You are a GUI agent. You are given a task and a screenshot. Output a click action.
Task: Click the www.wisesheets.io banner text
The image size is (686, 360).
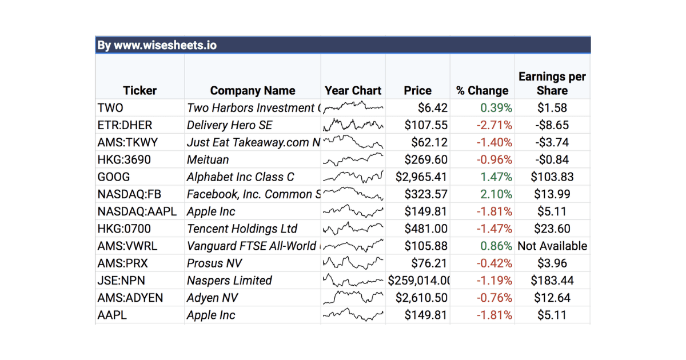tap(157, 45)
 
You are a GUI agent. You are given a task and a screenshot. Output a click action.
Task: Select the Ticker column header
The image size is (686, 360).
tap(139, 90)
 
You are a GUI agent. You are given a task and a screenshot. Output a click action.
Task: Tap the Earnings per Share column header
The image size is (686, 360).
tap(552, 83)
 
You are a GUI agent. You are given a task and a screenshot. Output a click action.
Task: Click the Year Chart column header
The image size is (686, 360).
tap(353, 90)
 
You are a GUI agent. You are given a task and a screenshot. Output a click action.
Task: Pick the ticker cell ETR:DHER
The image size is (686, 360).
tap(125, 125)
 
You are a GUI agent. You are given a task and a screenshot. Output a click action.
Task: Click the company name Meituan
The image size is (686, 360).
tap(208, 159)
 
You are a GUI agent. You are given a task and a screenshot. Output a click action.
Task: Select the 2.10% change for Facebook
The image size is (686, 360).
tap(496, 194)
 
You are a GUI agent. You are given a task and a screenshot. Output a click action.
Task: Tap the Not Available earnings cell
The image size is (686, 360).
tap(552, 246)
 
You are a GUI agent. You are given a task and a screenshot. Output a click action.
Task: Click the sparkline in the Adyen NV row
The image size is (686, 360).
tap(353, 298)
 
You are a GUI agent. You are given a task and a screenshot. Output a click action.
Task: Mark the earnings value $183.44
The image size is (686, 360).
tap(552, 281)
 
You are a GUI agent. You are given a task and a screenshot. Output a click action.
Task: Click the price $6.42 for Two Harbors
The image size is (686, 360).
tap(433, 108)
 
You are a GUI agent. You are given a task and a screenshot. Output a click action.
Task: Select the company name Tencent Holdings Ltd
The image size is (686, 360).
tap(242, 229)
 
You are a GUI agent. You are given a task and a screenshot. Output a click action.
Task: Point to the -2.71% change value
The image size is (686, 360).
tap(494, 125)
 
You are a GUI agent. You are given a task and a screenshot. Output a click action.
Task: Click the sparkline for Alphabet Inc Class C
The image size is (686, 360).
tap(353, 177)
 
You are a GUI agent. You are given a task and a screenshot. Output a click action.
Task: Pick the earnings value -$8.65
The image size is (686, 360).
tap(552, 125)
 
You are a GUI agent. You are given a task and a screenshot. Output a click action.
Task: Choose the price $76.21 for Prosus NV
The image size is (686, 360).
tap(429, 263)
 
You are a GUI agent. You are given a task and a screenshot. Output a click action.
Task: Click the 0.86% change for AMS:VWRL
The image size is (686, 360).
tap(496, 246)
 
